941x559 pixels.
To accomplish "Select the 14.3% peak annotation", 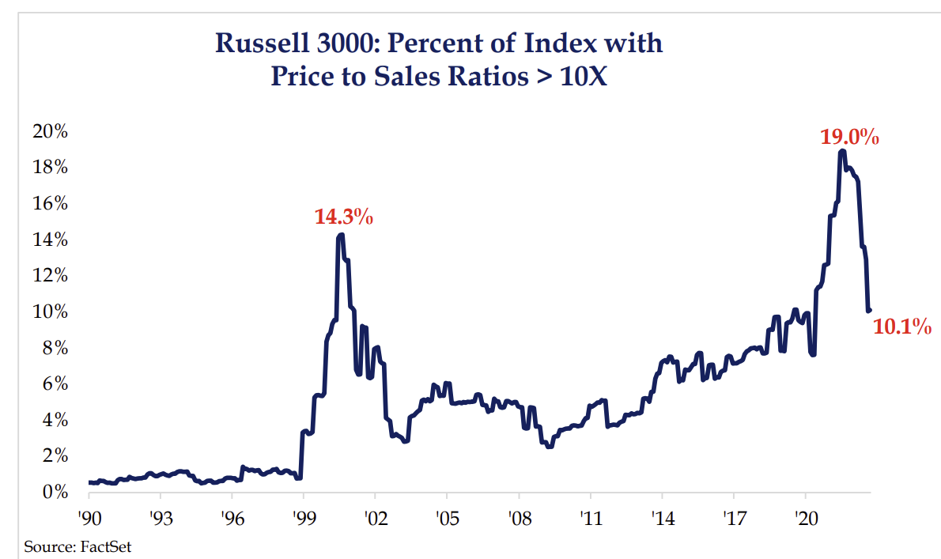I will point(343,217).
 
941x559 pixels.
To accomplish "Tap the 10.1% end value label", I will point(901,326).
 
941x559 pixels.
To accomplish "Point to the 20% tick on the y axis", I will point(50,131).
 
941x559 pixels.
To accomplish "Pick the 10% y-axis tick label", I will point(50,312).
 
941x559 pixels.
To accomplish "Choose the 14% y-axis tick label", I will point(50,240).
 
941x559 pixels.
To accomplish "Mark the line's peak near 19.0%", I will point(843,150).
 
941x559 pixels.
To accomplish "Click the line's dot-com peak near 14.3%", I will point(340,235).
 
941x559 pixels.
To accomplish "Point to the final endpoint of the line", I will point(870,310).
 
